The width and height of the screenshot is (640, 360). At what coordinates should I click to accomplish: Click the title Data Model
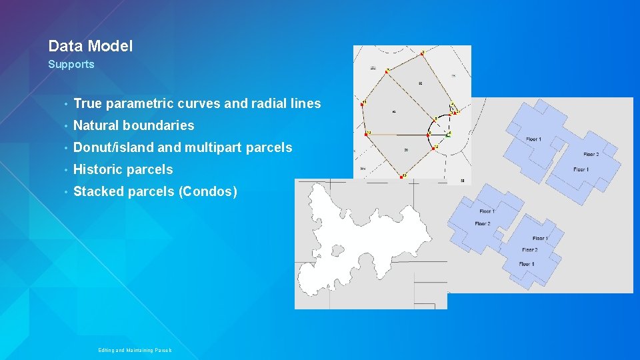point(90,46)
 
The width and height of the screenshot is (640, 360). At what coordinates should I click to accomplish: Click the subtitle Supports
point(71,65)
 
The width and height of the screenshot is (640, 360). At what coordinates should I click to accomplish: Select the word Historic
point(97,169)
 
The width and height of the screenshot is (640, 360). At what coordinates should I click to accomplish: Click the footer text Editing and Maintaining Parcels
point(135,350)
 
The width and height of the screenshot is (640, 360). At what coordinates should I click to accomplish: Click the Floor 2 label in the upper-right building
point(591,154)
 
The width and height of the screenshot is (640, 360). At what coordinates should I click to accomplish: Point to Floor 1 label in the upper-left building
point(533,139)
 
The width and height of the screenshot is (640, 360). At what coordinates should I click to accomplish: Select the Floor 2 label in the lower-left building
point(483,224)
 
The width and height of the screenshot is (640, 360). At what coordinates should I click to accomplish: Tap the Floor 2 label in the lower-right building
point(529,250)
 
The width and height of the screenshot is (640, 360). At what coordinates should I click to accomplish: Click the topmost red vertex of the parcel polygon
point(421,53)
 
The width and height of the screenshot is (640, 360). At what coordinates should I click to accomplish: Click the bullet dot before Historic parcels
point(65,170)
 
